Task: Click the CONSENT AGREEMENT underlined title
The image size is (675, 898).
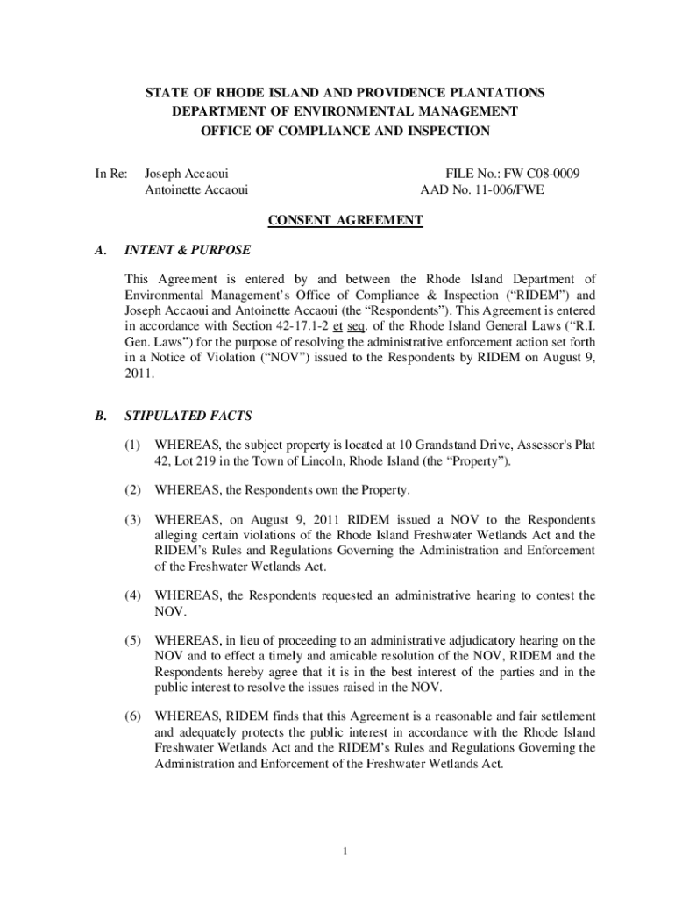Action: pos(345,220)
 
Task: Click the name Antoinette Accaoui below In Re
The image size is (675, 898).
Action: pos(195,189)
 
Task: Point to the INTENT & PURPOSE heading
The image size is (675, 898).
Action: pos(188,250)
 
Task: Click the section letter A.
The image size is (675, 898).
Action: pos(101,250)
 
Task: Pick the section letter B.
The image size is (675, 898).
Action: pos(101,417)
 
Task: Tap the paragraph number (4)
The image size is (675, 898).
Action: pos(133,595)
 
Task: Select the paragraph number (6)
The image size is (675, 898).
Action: pos(133,716)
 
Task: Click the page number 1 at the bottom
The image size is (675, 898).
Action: pos(347,851)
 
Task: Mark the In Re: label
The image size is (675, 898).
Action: pos(112,175)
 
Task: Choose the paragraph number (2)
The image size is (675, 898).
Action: pos(133,488)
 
